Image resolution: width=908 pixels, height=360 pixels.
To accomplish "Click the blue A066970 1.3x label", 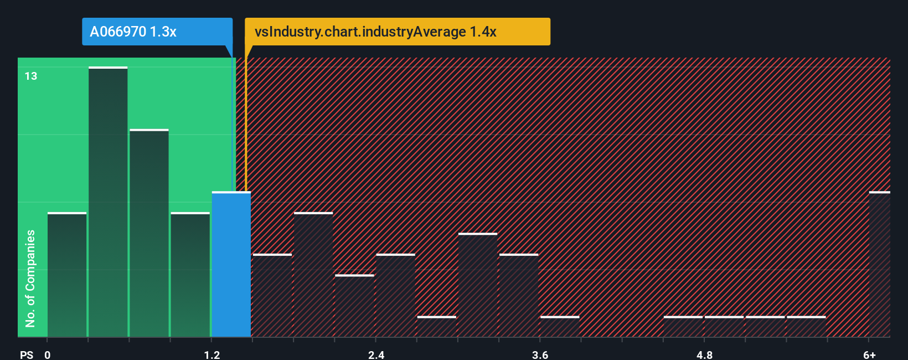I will [x=157, y=32].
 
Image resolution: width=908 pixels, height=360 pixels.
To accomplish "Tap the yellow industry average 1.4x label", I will [x=397, y=32].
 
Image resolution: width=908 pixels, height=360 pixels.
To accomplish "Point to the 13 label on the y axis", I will [x=31, y=76].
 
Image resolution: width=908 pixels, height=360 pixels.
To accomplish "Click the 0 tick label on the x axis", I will [x=48, y=354].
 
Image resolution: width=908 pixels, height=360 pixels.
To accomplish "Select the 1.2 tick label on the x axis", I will [x=211, y=354].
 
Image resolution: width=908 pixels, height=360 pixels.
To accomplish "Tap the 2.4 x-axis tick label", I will [x=376, y=354].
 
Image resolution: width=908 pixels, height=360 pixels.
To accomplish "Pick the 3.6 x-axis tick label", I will [x=540, y=354].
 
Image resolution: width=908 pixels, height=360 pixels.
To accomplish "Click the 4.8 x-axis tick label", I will [x=704, y=354].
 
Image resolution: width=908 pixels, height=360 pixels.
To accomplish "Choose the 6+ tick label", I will [x=869, y=354].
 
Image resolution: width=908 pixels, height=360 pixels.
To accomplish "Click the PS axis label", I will [x=27, y=354].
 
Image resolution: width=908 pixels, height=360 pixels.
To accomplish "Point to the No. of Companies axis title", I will [x=30, y=278].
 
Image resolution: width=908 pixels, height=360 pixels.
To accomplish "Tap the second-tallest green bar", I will [x=149, y=233].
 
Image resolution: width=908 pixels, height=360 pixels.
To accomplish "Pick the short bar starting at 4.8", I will [x=724, y=326].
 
